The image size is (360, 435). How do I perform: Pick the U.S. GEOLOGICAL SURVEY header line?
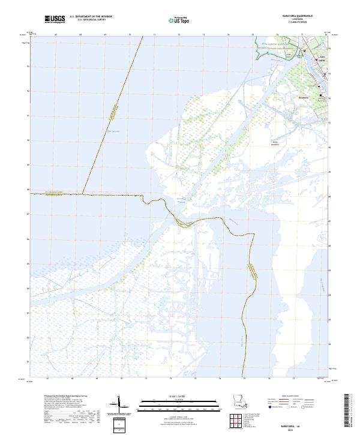click(91, 20)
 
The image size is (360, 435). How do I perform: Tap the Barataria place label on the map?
click(304, 97)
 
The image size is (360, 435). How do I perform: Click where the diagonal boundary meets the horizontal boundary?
click(83, 194)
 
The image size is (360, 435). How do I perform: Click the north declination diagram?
click(118, 403)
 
